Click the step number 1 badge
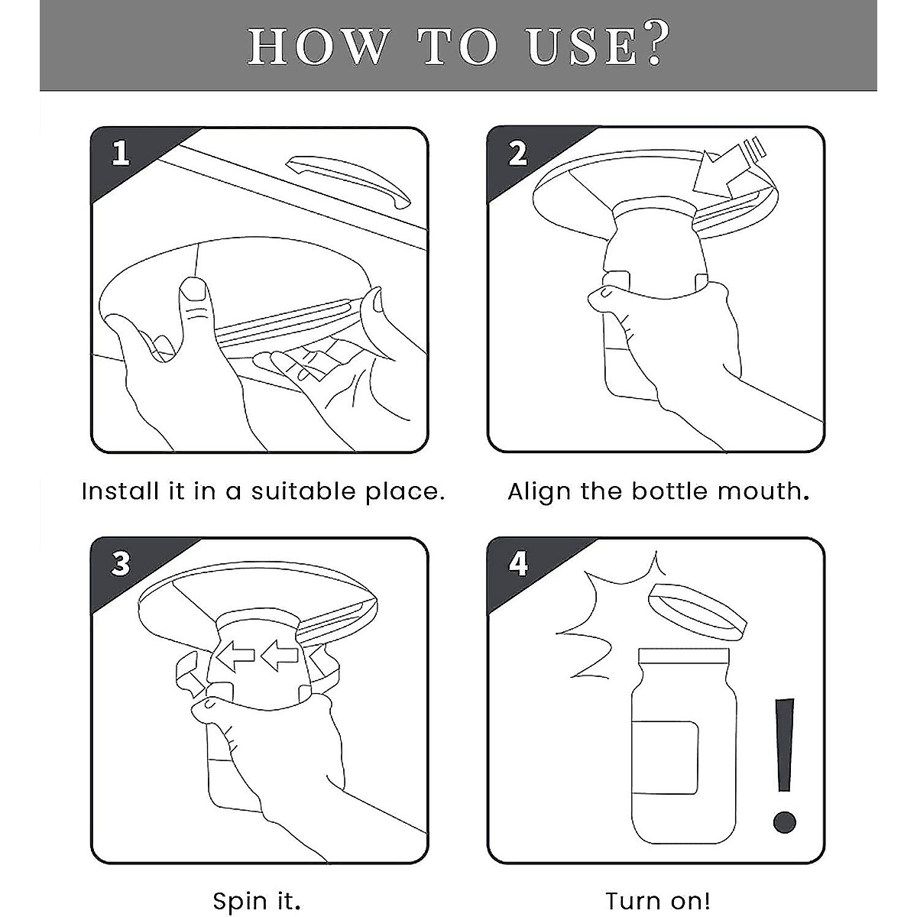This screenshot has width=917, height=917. coord(121,154)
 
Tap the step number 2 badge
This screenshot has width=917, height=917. coord(518,154)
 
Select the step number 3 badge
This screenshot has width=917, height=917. coord(121,564)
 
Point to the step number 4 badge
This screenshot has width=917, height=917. coord(518,564)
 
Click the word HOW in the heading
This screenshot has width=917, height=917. coord(317,47)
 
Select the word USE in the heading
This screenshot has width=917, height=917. coord(582,47)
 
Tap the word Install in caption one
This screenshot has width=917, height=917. coord(120,491)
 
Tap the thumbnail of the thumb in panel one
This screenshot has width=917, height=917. coord(193,289)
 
